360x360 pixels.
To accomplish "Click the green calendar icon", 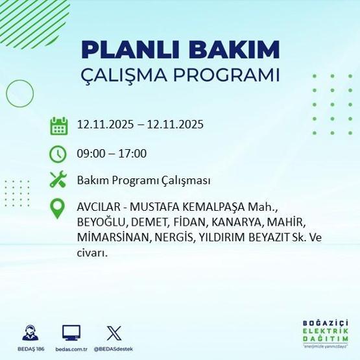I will pyautogui.click(x=59, y=126).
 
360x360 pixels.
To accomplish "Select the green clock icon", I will pyautogui.click(x=59, y=154).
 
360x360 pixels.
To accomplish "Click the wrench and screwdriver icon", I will pyautogui.click(x=59, y=180).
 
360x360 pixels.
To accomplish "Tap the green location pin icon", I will pyautogui.click(x=59, y=208).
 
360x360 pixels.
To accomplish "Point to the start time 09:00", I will pyautogui.click(x=90, y=154).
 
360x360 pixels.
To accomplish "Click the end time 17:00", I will pyautogui.click(x=132, y=154).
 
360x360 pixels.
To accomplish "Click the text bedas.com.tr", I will pyautogui.click(x=71, y=348).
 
